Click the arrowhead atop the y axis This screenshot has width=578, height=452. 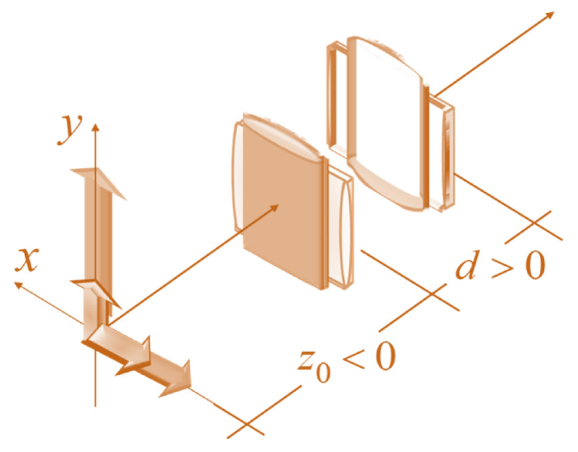(96, 127)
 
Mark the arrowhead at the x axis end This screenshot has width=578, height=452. (18, 285)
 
